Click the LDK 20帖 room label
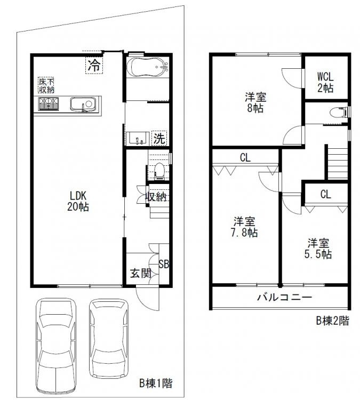pos(78,201)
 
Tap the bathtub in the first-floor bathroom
pos(148,67)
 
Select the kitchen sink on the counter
pos(83,104)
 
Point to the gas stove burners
pos(49,104)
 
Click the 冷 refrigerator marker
pos(94,65)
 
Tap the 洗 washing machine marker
pos(159,139)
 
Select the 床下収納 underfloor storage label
pos(46,85)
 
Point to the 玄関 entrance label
pos(141,273)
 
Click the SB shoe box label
pos(164,264)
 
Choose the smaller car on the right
pos(109,339)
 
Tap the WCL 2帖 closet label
pos(325,82)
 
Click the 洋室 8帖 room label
pos(255,102)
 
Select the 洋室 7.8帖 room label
pos(244,227)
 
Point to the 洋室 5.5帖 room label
pos(318,249)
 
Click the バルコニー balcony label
pos(284,297)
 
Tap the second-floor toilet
pos(338,113)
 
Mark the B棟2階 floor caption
pos(332,321)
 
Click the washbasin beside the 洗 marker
pos(138,139)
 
